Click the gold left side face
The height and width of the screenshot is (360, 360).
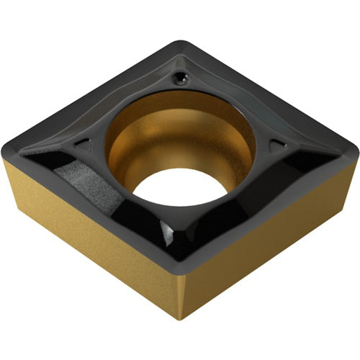point(79,230)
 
